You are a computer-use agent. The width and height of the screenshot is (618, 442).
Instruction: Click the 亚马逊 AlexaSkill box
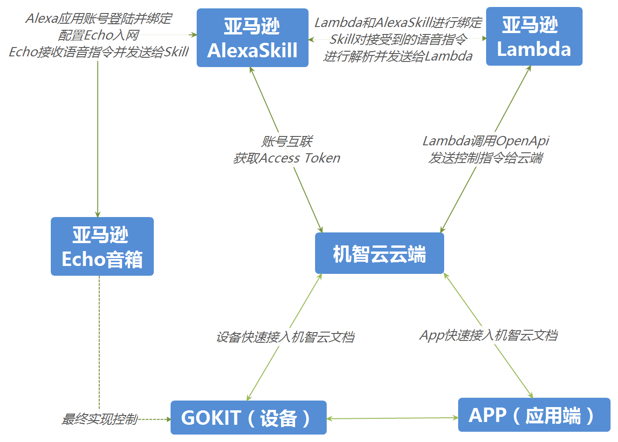[252, 38]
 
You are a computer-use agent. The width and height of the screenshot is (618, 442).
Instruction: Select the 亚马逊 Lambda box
[534, 36]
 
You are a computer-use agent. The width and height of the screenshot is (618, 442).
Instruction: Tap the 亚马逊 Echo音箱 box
[102, 246]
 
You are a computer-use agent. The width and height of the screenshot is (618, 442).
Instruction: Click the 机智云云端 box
[379, 253]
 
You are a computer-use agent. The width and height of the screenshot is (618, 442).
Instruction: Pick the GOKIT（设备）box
[248, 418]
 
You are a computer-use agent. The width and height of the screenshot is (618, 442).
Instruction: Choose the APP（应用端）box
[534, 415]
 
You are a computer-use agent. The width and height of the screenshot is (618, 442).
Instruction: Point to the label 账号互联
[286, 141]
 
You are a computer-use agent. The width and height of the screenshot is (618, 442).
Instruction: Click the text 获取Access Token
[286, 158]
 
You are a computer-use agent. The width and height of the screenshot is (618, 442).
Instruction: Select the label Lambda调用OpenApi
[486, 141]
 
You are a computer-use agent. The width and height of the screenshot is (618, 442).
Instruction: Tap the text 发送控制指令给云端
[486, 158]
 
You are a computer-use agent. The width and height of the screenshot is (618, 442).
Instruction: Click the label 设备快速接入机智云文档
[285, 337]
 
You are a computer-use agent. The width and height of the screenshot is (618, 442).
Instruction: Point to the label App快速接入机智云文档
[488, 335]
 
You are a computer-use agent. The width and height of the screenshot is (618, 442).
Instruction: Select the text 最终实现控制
[99, 419]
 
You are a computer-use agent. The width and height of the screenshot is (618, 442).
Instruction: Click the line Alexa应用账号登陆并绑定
[98, 18]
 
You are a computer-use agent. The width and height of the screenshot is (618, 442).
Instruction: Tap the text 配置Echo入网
[98, 35]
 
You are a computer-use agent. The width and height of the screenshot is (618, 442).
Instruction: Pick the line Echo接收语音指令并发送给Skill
[98, 52]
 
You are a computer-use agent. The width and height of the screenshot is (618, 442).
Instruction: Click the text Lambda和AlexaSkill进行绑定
[398, 22]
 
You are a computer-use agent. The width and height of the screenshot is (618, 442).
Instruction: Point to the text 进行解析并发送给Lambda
[398, 56]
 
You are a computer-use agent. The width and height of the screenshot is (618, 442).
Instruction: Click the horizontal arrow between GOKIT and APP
[392, 418]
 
